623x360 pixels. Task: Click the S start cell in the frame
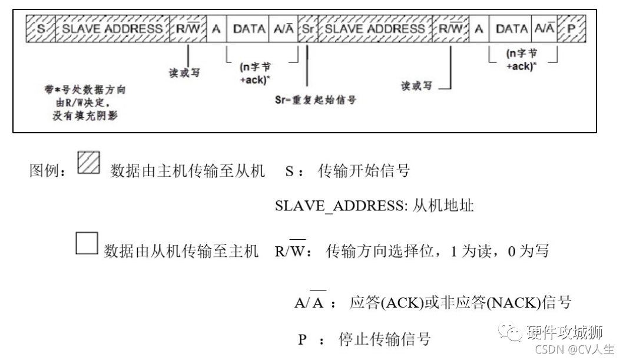coord(41,28)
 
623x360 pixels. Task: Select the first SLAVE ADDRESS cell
coord(112,28)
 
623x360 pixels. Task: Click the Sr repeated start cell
coord(307,28)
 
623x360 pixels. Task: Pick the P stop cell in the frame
coord(570,28)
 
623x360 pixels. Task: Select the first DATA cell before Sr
coord(248,28)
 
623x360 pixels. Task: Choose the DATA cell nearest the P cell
coord(511,28)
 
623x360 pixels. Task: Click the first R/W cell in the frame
coord(188,28)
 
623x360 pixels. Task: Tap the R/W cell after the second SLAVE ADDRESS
coord(451,28)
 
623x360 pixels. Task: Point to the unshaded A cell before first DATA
coord(216,28)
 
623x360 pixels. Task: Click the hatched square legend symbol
coord(89,163)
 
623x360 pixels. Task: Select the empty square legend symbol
coord(86,243)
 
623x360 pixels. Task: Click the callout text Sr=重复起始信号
coord(316,100)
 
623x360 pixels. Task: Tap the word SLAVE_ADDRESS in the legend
coord(333,207)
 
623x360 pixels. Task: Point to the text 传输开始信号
coord(363,171)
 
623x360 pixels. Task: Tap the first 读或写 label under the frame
coord(185,74)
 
